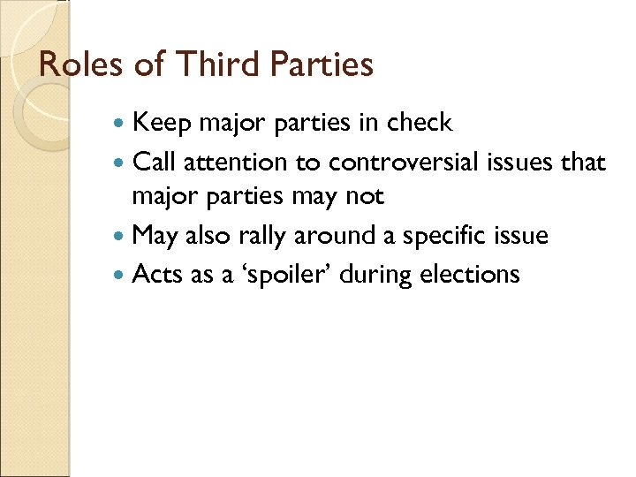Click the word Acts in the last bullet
pos(157,275)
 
